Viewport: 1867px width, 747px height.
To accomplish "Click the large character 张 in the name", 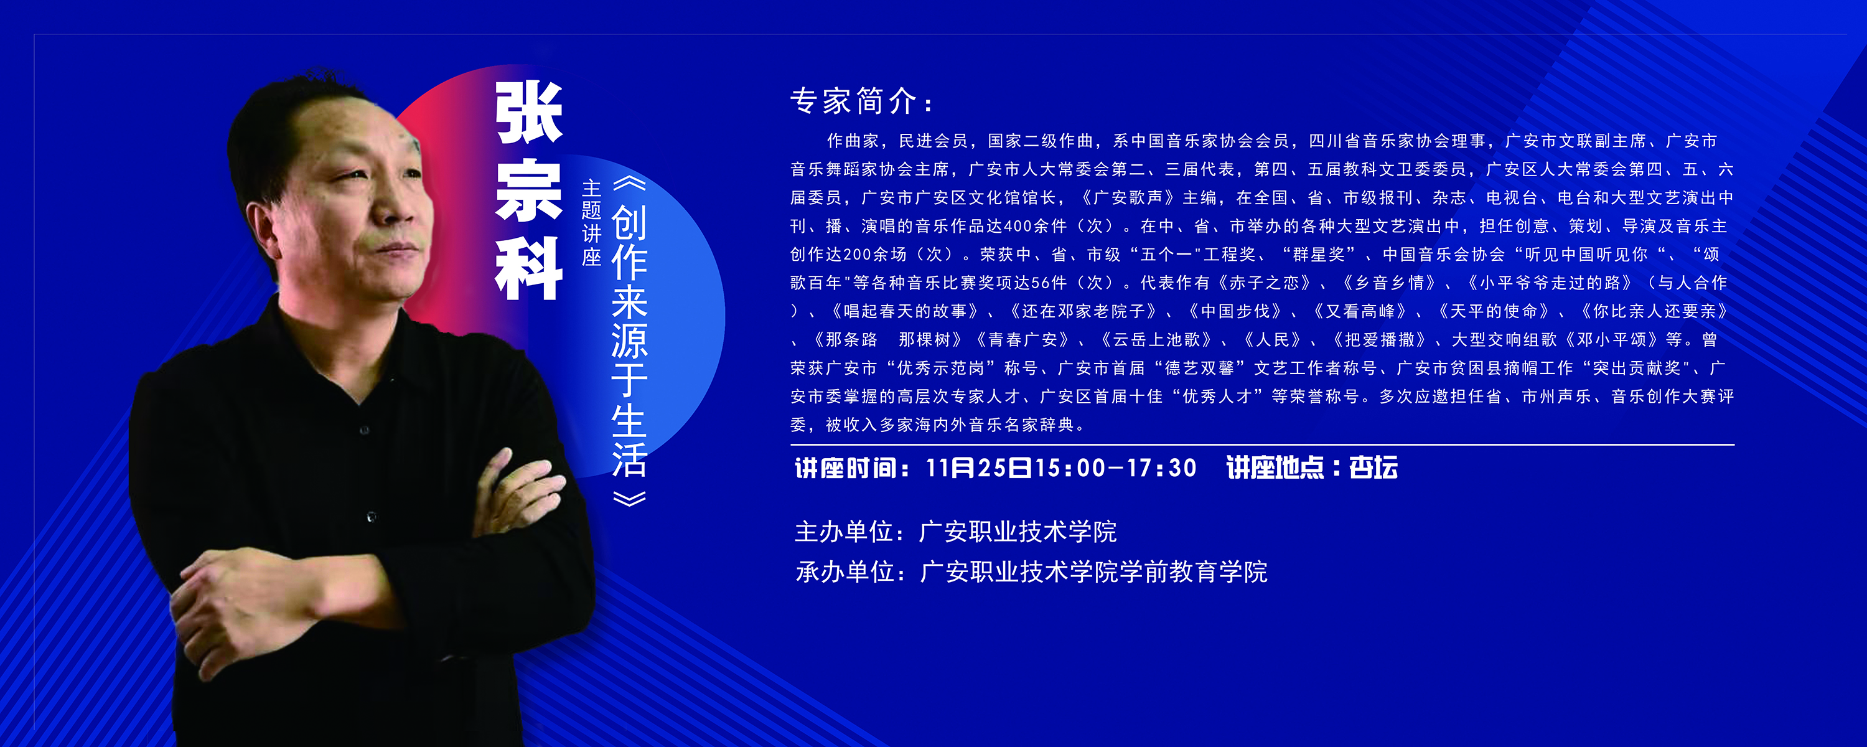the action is (x=529, y=113).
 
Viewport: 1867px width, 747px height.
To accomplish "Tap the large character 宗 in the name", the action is (x=529, y=189).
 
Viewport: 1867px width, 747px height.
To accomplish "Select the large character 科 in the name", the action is (x=529, y=268).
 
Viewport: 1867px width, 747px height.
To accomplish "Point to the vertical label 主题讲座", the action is (x=591, y=223).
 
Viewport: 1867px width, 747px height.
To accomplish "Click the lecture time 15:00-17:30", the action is (x=1116, y=467).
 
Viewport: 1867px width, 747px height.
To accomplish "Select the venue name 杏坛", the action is (x=1373, y=467).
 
